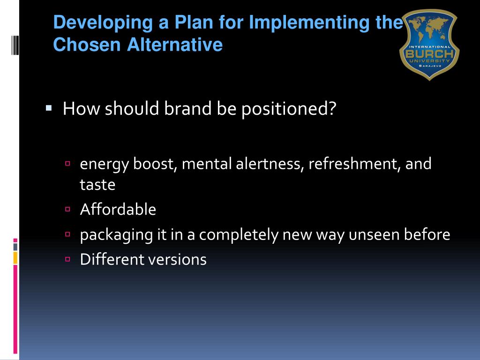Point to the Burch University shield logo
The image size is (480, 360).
(429, 45)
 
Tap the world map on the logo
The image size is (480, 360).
(429, 30)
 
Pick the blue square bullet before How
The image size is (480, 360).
(49, 108)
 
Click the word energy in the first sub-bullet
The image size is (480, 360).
(104, 165)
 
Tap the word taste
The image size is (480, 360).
(97, 185)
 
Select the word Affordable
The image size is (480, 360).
(118, 209)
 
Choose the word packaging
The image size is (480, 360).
(117, 234)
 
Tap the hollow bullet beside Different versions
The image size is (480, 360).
(68, 259)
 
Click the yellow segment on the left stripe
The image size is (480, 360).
(15, 257)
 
